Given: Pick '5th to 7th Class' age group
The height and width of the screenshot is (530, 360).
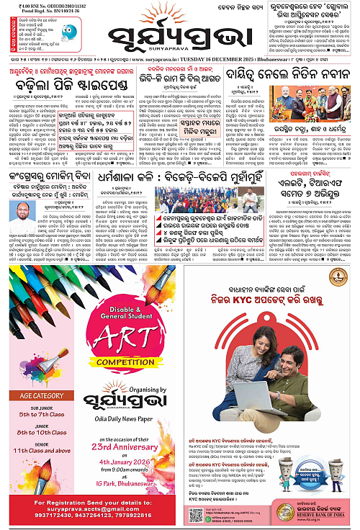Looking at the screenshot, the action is tap(46, 416).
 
